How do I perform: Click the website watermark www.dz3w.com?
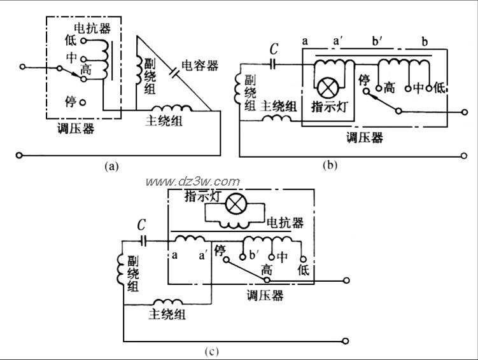(x=193, y=182)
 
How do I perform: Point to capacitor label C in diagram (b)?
(x=274, y=48)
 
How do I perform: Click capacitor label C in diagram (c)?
(x=141, y=225)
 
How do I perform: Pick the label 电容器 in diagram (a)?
(x=200, y=66)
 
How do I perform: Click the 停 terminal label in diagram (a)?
(x=71, y=101)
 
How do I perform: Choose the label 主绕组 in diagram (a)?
(x=164, y=121)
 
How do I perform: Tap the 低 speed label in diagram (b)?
(x=439, y=88)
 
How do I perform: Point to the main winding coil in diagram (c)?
(x=168, y=301)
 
